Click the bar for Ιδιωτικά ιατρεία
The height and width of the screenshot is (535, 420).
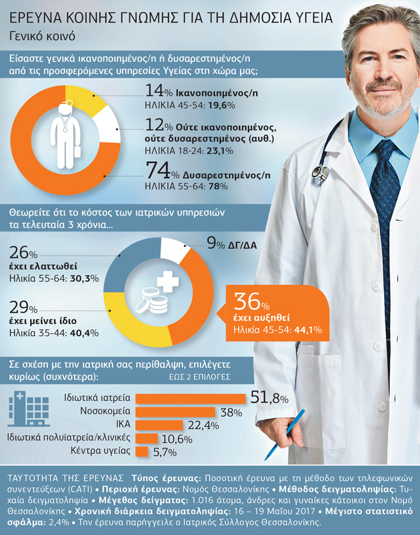(191, 399)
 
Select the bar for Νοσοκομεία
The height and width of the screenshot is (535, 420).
(175, 412)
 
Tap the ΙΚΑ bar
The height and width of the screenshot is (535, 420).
(159, 425)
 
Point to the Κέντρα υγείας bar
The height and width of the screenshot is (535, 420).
(142, 451)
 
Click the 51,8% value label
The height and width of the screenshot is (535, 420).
(269, 398)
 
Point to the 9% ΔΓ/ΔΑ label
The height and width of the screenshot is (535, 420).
(232, 244)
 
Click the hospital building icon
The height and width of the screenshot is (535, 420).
(29, 409)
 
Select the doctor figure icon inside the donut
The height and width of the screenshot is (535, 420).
(65, 134)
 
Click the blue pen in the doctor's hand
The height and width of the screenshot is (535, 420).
(284, 435)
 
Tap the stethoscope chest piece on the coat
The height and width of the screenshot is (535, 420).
(321, 174)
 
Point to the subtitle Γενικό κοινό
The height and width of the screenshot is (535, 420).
(42, 36)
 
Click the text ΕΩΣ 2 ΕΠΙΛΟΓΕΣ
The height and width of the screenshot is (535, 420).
(199, 377)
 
